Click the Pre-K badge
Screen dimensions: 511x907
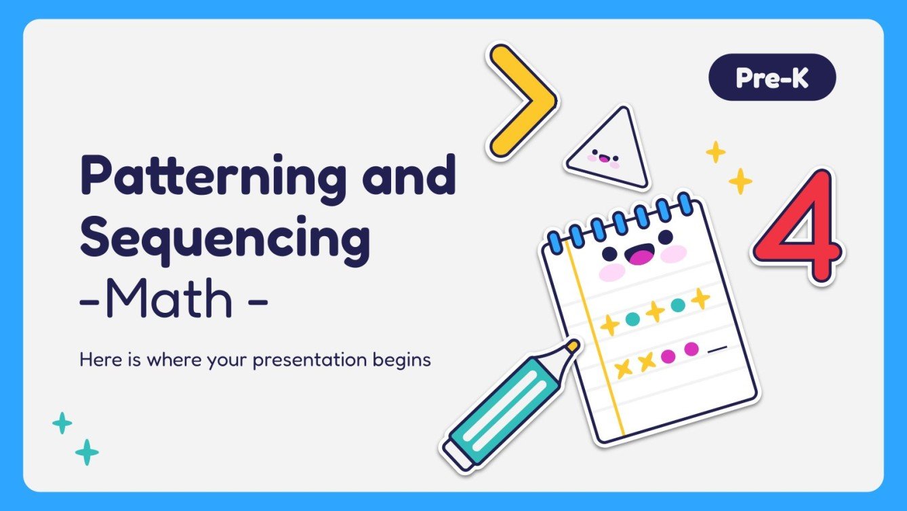click(772, 78)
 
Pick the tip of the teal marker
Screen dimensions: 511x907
click(572, 347)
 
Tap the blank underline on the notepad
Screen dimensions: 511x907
click(717, 349)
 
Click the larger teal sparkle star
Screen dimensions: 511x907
click(86, 452)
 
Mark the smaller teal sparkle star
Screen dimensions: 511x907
click(62, 423)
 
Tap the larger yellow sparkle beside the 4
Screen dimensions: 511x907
click(740, 181)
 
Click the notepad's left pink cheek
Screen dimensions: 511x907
click(612, 272)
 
